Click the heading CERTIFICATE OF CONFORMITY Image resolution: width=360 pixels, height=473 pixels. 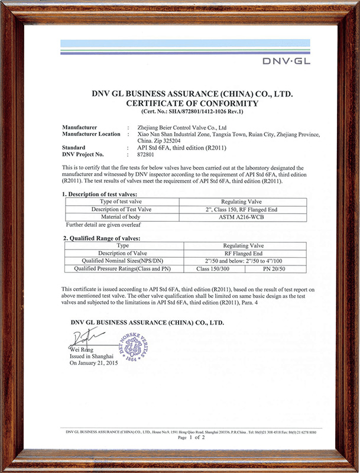[193, 103]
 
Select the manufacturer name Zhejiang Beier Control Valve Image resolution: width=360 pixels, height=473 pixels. [181, 127]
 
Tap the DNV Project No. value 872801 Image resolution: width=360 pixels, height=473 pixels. [145, 154]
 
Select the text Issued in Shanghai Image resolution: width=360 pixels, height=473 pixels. [89, 357]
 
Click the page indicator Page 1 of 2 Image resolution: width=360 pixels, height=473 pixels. [191, 438]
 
